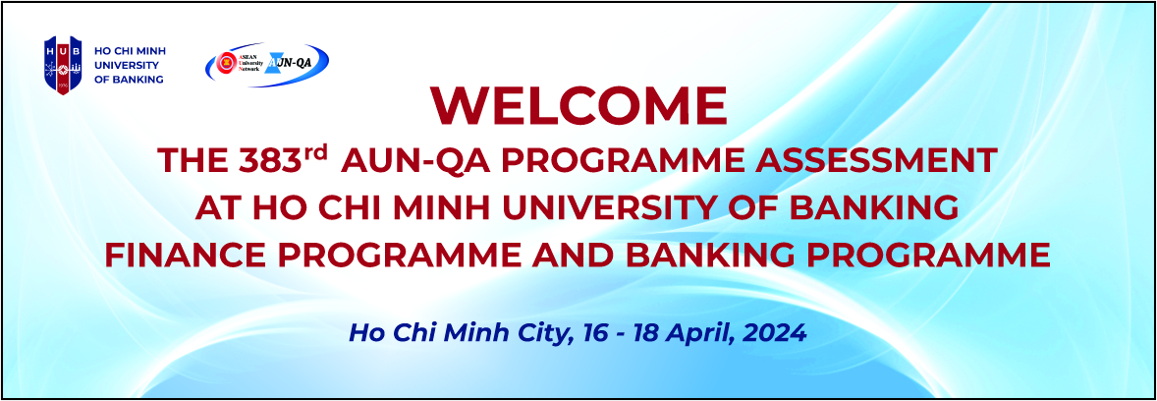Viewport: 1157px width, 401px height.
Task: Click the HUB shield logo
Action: click(64, 66)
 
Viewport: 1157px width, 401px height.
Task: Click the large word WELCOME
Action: click(579, 106)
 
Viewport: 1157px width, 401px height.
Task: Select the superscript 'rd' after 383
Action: click(312, 154)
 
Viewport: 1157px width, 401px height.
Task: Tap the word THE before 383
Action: click(194, 162)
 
